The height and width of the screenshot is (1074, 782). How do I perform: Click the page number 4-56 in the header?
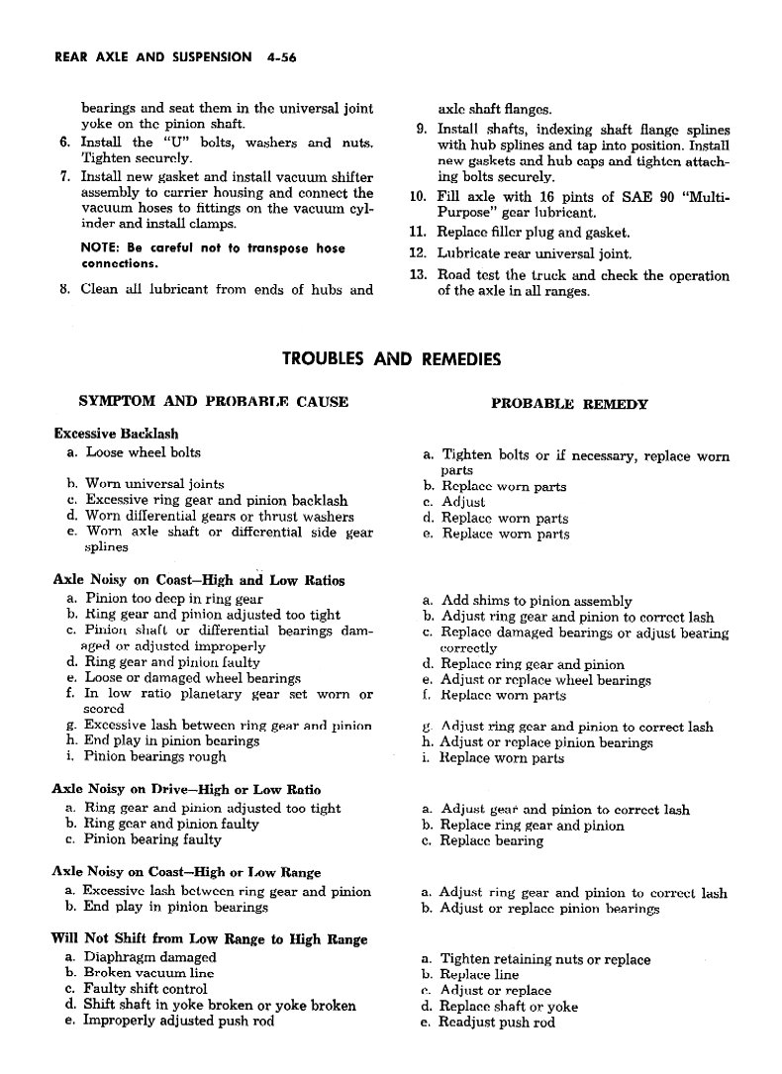coord(282,58)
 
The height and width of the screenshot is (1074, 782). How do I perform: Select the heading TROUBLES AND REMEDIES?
coord(391,358)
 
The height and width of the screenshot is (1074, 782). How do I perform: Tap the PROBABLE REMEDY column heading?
coord(569,404)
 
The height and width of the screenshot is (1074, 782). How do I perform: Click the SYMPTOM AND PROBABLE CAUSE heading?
coord(213,402)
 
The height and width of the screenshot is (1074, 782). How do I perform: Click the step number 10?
coord(417,196)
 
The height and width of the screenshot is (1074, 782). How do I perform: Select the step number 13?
coord(417,275)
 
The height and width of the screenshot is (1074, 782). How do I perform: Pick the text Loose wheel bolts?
coord(143,452)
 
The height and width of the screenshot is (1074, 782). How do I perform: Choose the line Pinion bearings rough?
coord(155,756)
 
